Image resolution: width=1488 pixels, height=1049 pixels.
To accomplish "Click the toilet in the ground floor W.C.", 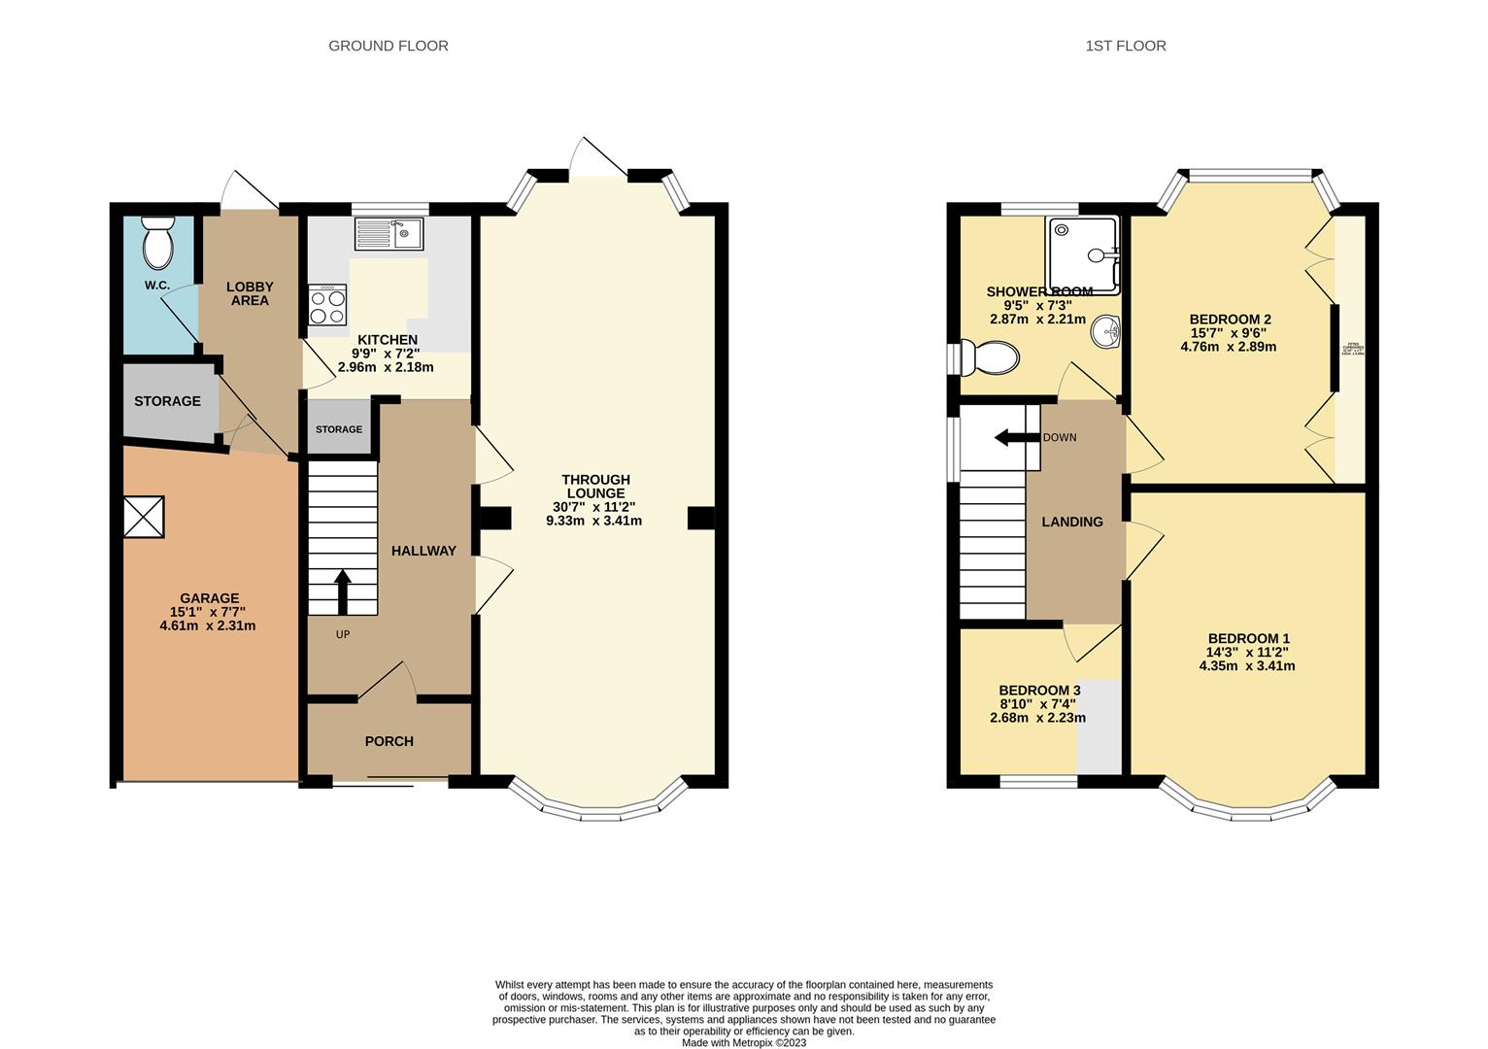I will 156,243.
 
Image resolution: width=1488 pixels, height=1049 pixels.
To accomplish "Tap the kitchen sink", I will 389,234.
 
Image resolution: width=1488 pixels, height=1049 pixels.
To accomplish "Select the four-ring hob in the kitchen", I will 328,305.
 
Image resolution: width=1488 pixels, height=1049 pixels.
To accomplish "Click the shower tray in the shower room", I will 1083,254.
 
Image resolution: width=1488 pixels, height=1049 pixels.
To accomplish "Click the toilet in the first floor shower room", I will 989,357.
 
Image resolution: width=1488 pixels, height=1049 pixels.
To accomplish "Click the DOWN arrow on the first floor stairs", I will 1016,437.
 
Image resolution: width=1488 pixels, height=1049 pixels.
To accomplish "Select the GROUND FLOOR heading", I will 389,46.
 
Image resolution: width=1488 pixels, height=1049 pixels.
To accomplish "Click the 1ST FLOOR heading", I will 1126,46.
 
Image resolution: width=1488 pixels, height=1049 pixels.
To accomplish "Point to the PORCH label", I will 389,741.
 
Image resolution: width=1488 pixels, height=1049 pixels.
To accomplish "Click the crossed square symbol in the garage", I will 144,517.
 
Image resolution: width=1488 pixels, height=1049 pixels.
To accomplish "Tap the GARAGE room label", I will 209,598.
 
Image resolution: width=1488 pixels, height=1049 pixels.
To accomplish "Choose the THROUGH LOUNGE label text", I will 595,486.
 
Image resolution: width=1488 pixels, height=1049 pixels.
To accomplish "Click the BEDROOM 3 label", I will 1039,691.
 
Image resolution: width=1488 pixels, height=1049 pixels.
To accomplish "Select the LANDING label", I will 1072,522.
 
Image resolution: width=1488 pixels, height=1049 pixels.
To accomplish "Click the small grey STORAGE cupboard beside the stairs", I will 339,428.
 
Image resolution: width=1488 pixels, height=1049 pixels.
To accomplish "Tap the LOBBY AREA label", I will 250,293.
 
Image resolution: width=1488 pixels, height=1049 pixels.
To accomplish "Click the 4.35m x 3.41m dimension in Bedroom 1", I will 1247,666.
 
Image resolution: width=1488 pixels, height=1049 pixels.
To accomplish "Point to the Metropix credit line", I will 744,1043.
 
